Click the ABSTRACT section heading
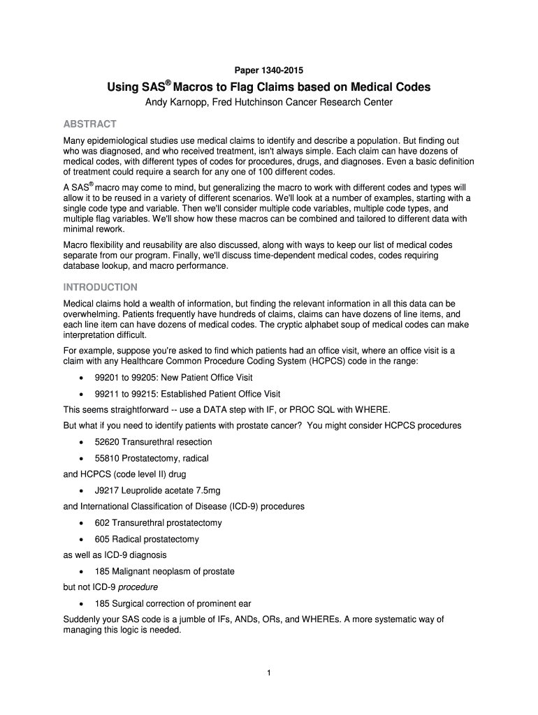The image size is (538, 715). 90,124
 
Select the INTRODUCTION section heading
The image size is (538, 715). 101,287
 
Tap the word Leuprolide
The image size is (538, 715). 145,491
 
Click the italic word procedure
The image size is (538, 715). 138,587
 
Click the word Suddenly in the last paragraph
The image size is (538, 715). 82,619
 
